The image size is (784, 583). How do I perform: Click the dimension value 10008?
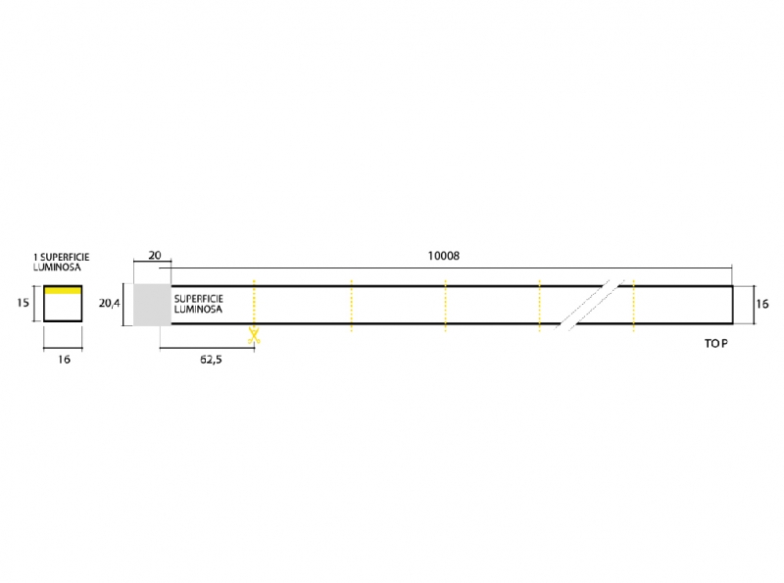[x=444, y=256]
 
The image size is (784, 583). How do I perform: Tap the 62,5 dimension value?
[x=211, y=360]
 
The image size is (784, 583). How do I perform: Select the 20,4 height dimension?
[x=110, y=303]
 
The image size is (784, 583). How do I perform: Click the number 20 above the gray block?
[x=155, y=255]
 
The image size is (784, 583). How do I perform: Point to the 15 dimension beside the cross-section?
[x=23, y=303]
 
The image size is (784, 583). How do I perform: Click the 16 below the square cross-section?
[x=64, y=359]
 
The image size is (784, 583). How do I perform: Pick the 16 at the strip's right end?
[x=762, y=304]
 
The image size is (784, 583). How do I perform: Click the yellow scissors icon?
[x=254, y=335]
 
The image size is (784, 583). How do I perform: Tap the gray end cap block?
[x=152, y=305]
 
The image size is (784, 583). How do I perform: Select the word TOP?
[x=716, y=344]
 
